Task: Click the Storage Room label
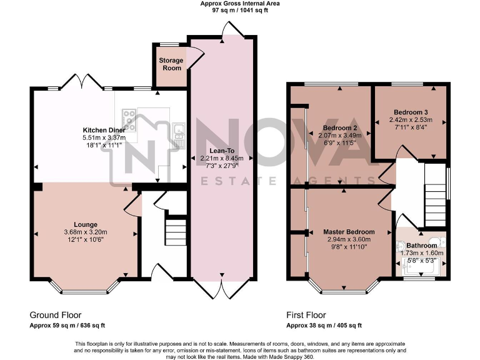click(171, 64)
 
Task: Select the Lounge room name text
click(86, 225)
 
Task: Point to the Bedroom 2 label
click(341, 128)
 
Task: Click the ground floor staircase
click(176, 231)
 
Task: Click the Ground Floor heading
click(56, 315)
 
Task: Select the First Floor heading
click(306, 315)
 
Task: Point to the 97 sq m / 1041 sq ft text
click(240, 11)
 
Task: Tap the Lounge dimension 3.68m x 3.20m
click(86, 233)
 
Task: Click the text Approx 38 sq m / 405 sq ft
click(324, 326)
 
